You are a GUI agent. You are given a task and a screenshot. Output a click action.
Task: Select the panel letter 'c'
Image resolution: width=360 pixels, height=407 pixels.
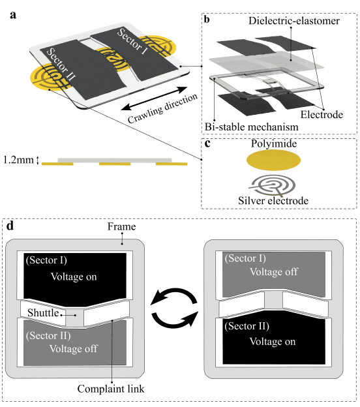tap(207, 143)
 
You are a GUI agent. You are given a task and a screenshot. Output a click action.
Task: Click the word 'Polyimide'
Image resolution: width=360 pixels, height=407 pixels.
tap(274, 143)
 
